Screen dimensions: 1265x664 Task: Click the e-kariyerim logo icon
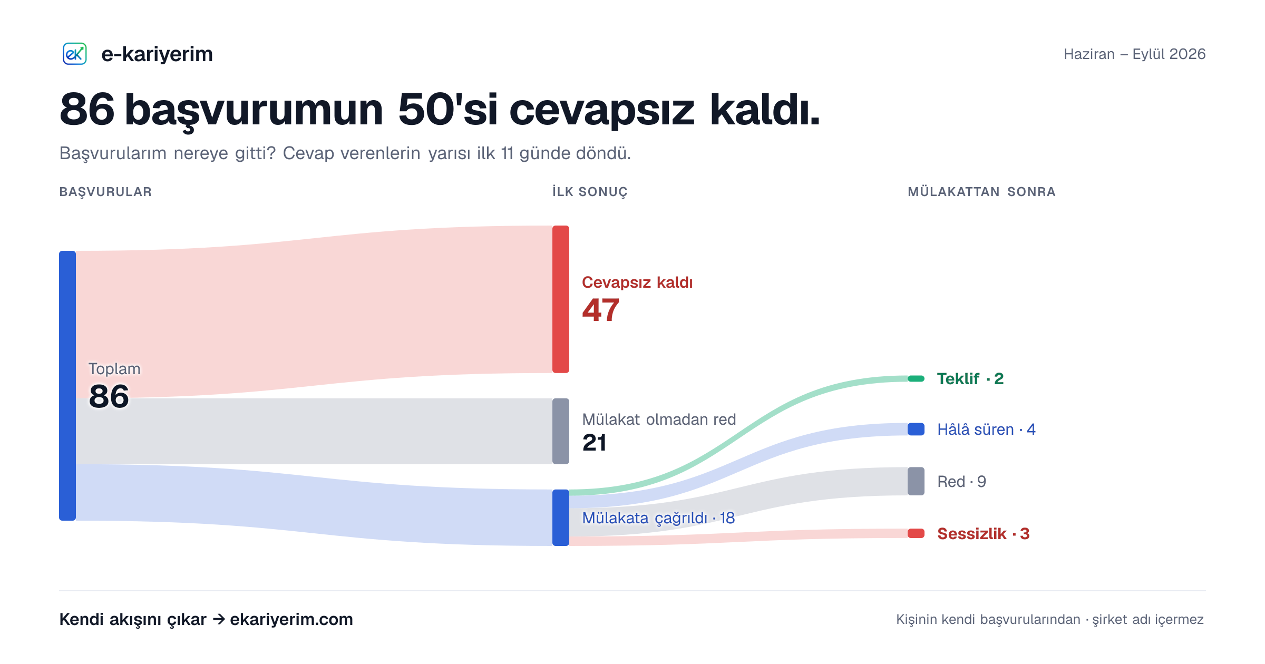pyautogui.click(x=74, y=54)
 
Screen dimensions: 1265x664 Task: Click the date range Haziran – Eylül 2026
pyautogui.click(x=1134, y=54)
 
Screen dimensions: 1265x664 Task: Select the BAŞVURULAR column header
pyautogui.click(x=105, y=192)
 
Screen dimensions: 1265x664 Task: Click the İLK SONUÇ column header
pyautogui.click(x=590, y=192)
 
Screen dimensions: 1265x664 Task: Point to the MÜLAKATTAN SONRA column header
pyautogui.click(x=981, y=192)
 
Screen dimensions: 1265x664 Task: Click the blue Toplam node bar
pyautogui.click(x=67, y=386)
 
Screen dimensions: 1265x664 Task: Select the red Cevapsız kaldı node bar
pyautogui.click(x=561, y=299)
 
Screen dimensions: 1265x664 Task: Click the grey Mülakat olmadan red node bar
pyautogui.click(x=561, y=431)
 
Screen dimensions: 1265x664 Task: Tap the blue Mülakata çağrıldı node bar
pyautogui.click(x=561, y=517)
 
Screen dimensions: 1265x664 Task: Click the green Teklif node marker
pyautogui.click(x=916, y=378)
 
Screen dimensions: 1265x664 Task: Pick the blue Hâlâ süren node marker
pyautogui.click(x=916, y=429)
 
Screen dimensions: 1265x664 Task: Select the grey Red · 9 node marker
pyautogui.click(x=916, y=481)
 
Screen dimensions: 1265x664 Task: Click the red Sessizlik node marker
pyautogui.click(x=916, y=533)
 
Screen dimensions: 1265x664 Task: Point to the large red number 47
pyautogui.click(x=600, y=310)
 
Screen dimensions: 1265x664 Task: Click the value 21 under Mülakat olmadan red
pyautogui.click(x=594, y=443)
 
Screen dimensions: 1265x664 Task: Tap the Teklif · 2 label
pyautogui.click(x=970, y=378)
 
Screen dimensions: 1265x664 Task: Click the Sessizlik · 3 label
pyautogui.click(x=983, y=533)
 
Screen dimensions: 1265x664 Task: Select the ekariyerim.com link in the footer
pyautogui.click(x=291, y=619)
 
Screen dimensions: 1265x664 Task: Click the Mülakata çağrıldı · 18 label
pyautogui.click(x=658, y=518)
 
